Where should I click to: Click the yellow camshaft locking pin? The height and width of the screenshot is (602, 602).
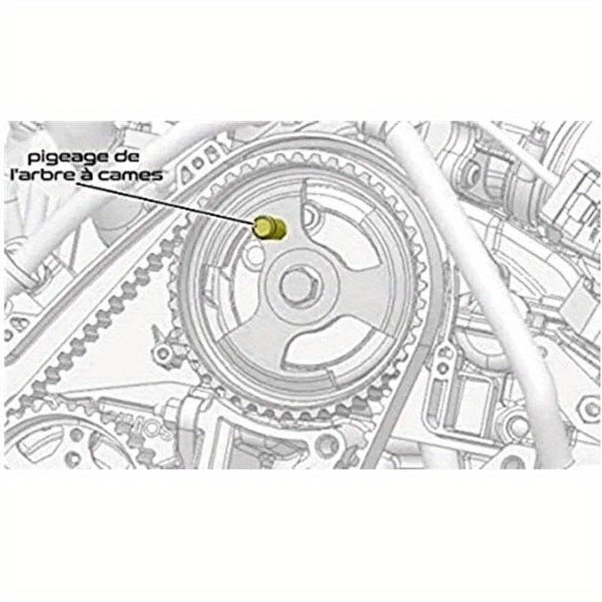[269, 227]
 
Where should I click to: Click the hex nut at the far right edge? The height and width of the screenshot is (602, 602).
[585, 407]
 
